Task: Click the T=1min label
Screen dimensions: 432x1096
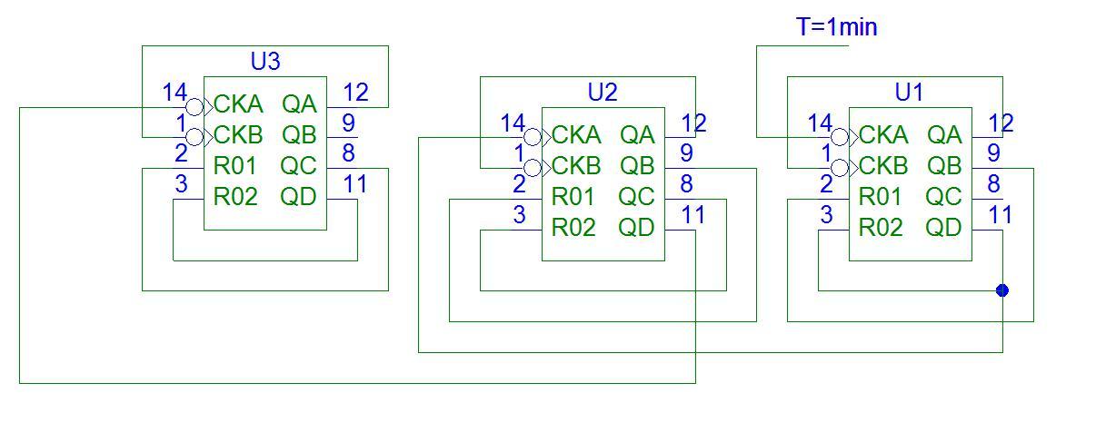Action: pyautogui.click(x=837, y=27)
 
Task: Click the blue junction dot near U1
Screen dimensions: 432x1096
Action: pyautogui.click(x=1002, y=290)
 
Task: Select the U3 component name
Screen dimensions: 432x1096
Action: pyautogui.click(x=265, y=62)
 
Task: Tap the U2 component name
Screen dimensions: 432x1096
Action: pyautogui.click(x=603, y=92)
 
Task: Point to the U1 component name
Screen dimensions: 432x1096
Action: pyautogui.click(x=909, y=92)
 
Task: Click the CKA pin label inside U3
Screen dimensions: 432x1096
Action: pyautogui.click(x=238, y=104)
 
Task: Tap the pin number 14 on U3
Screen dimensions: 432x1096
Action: pyautogui.click(x=174, y=92)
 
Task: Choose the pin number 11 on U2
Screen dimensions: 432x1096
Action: pyautogui.click(x=692, y=215)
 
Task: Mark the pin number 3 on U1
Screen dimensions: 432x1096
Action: pyautogui.click(x=826, y=215)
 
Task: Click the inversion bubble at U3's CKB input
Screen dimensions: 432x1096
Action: pyautogui.click(x=194, y=137)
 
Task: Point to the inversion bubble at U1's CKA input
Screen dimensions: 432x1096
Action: pyautogui.click(x=841, y=137)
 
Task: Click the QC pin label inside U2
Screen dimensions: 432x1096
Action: pyautogui.click(x=636, y=197)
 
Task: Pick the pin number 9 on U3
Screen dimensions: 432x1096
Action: pyautogui.click(x=348, y=123)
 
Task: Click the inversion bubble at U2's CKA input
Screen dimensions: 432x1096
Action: pyautogui.click(x=533, y=137)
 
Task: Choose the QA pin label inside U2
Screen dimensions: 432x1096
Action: pyautogui.click(x=637, y=135)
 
